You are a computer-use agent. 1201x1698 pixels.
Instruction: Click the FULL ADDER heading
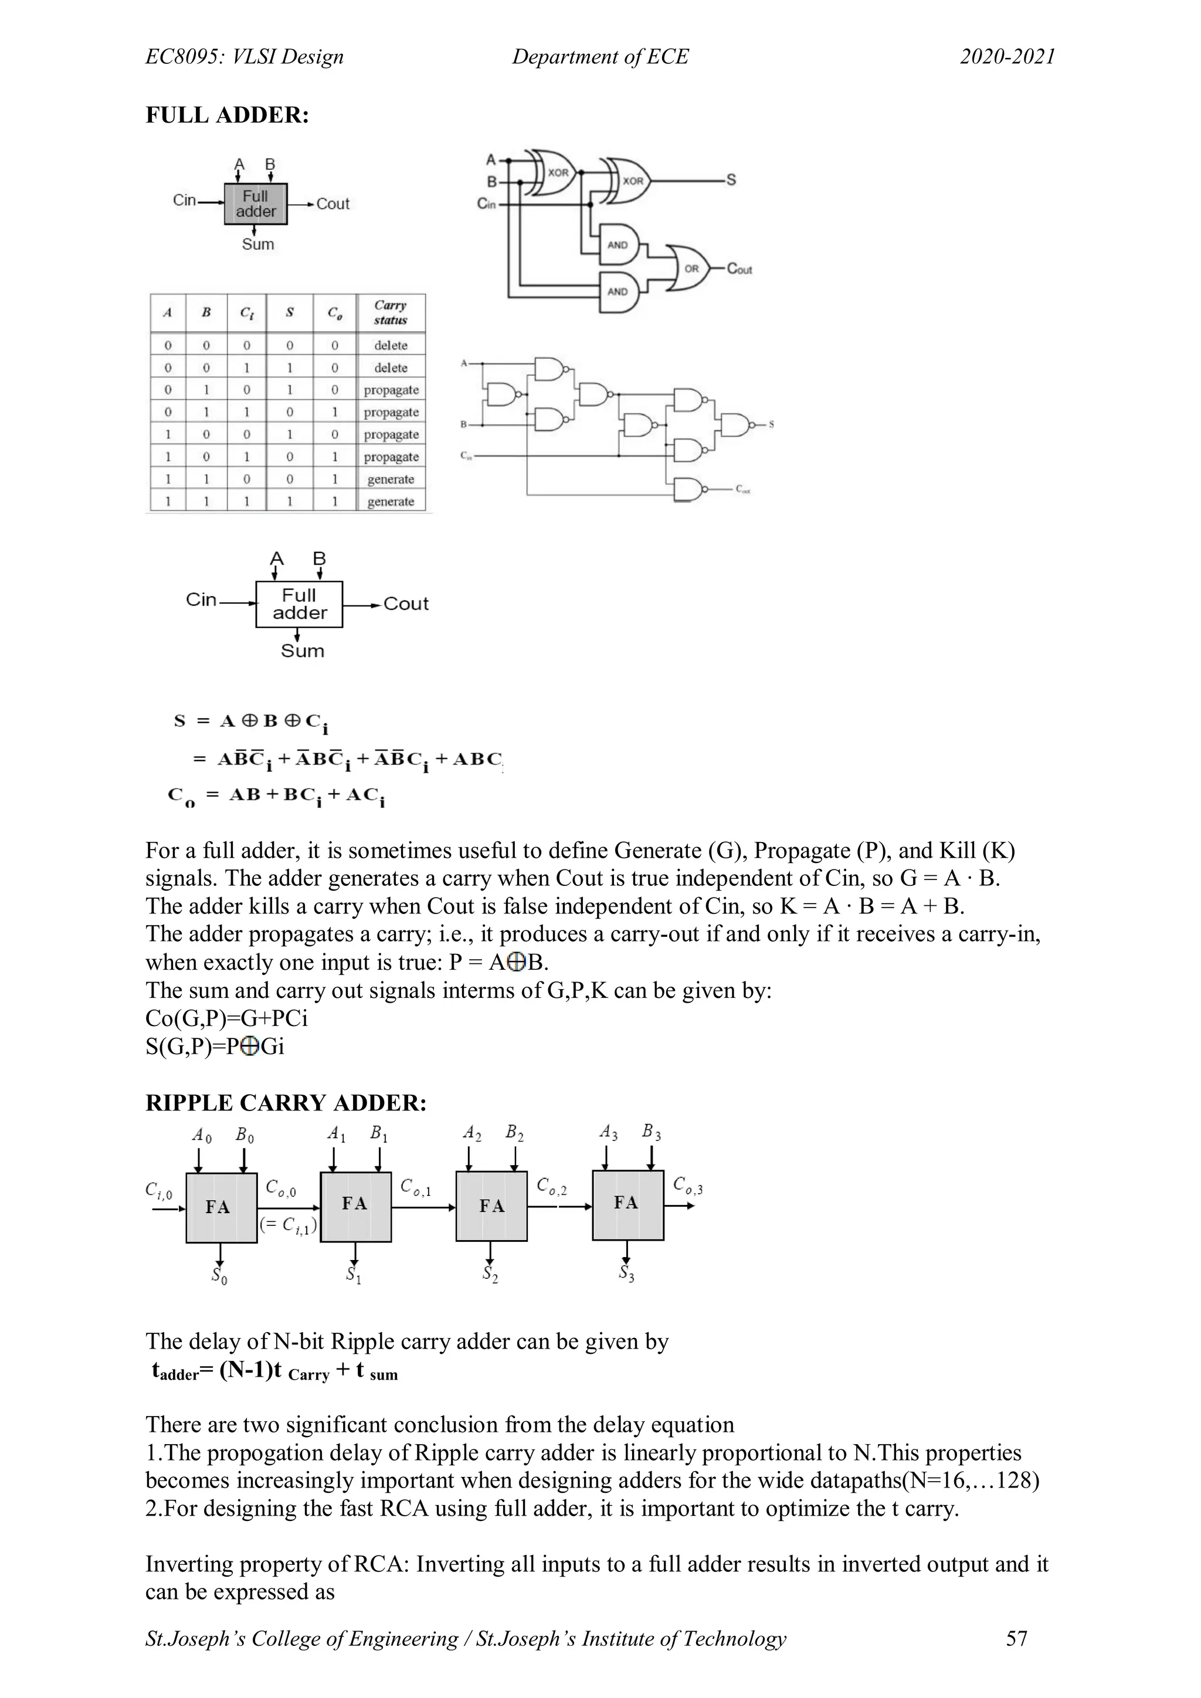(x=227, y=116)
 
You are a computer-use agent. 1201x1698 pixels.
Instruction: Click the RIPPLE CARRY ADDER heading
(x=286, y=1103)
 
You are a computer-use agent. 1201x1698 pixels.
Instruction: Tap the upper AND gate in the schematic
(x=620, y=244)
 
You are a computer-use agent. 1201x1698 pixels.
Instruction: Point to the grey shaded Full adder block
(x=255, y=203)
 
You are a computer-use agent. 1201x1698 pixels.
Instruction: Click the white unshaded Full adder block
(x=298, y=605)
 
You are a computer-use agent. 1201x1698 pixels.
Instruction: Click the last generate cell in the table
(x=391, y=501)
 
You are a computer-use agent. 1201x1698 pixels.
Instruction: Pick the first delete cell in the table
(x=391, y=345)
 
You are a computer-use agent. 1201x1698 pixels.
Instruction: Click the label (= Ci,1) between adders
(x=289, y=1225)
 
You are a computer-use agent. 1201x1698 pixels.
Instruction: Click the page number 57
(x=1017, y=1638)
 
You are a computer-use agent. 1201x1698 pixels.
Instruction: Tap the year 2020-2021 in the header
(x=1007, y=57)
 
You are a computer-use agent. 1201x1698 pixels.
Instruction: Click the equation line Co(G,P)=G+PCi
(x=226, y=1018)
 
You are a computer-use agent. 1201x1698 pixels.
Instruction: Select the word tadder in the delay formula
(x=176, y=1371)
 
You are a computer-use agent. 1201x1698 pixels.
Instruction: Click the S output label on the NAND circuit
(x=771, y=424)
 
